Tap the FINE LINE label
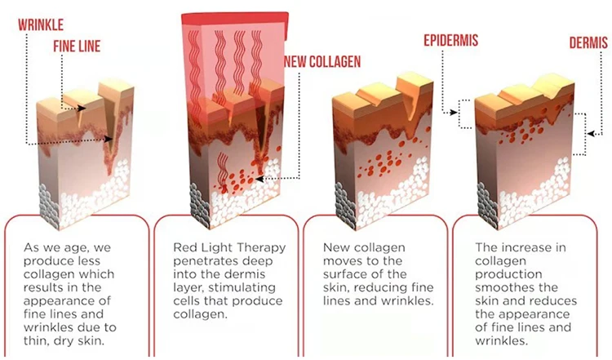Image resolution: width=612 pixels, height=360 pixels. click(x=78, y=47)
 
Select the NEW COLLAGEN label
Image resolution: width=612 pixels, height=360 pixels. click(x=322, y=60)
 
